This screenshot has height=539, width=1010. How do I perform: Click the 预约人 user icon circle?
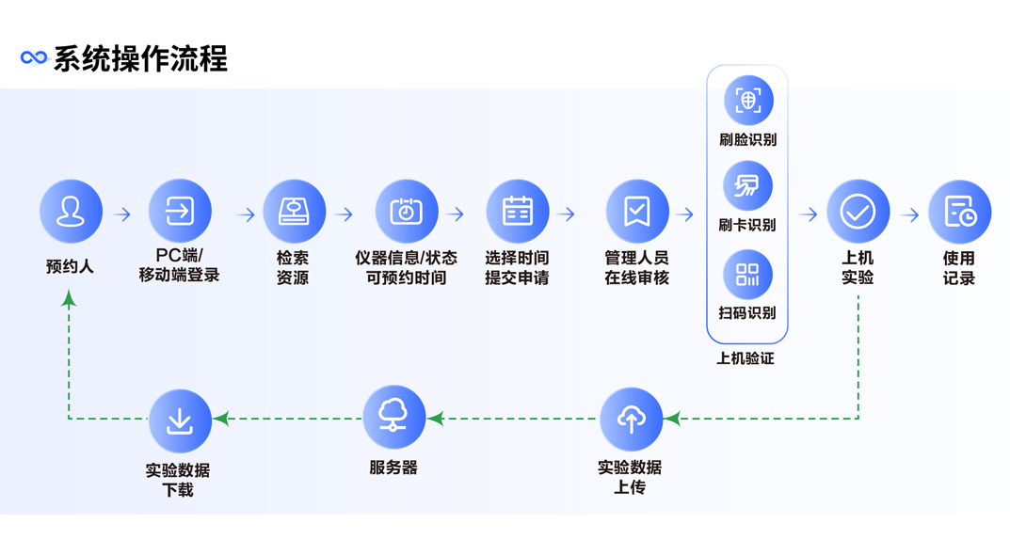point(71,212)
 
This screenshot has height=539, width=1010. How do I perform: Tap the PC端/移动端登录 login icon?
point(180,212)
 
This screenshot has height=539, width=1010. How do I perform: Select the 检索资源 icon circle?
point(294,212)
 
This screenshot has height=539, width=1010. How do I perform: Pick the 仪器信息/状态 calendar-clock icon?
point(406,212)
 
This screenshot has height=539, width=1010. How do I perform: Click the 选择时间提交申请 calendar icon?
point(517,212)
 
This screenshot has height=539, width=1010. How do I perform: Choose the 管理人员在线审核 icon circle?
point(637,212)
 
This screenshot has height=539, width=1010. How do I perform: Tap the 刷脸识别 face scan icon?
point(747,101)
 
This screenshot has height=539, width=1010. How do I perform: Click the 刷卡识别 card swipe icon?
point(747,185)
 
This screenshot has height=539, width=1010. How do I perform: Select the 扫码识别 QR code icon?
point(747,274)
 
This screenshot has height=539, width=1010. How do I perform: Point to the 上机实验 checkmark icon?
point(858,212)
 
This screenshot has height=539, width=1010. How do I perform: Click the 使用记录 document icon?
point(959,212)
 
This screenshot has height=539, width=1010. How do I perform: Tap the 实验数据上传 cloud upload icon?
point(631,420)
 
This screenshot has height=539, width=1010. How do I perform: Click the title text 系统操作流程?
point(140,58)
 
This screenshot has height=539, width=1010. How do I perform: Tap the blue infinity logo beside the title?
point(34,58)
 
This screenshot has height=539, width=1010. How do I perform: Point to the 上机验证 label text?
point(745,358)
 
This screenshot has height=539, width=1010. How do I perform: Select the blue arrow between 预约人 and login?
point(122,214)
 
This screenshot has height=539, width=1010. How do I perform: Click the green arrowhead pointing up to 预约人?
point(69,299)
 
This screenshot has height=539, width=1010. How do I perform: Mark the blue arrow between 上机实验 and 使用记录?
point(909,214)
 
